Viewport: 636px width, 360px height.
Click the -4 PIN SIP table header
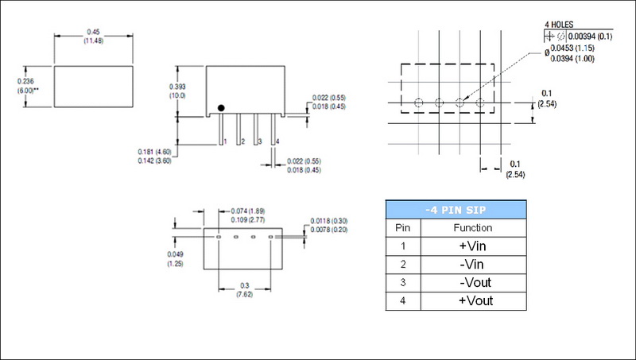click(456, 210)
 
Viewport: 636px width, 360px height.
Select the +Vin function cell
click(473, 246)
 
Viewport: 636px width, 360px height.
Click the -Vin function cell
click(473, 265)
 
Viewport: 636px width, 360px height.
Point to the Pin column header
click(403, 228)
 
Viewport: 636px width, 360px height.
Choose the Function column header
click(473, 228)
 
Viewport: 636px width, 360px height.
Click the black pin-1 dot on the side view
click(222, 107)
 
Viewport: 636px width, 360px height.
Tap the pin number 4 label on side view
click(277, 141)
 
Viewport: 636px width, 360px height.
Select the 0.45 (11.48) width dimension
click(92, 36)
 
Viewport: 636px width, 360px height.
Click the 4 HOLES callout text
click(559, 24)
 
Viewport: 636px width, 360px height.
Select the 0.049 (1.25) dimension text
click(176, 258)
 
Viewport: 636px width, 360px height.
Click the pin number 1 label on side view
click(226, 141)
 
